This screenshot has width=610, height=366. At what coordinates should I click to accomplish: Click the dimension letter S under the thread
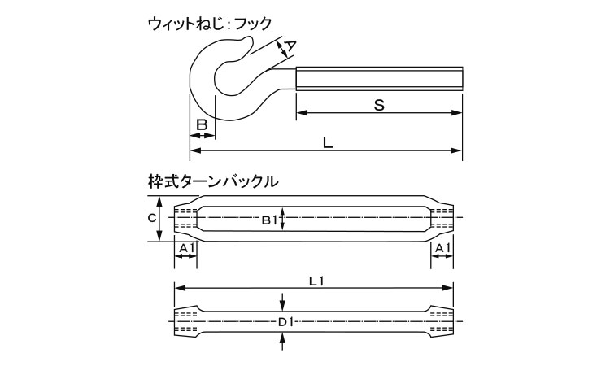point(379,105)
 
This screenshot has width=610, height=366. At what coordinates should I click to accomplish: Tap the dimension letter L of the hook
point(328,143)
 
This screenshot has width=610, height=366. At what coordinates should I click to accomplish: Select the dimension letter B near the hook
point(202,125)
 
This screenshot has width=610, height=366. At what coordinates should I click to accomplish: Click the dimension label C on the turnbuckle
point(152,218)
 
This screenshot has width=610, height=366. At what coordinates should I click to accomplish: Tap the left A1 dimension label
point(186,248)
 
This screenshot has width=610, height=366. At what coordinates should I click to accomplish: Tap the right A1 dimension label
point(442,248)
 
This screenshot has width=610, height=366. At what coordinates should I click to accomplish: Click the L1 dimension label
point(316,281)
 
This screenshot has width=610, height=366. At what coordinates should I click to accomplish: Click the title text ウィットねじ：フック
point(209,24)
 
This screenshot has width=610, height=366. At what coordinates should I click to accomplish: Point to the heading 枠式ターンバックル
point(213,181)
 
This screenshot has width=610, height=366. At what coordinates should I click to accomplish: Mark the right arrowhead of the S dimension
point(457,113)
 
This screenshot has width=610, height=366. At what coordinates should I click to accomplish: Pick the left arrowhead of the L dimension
point(195,150)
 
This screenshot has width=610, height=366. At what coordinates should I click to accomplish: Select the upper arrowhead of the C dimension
point(159,202)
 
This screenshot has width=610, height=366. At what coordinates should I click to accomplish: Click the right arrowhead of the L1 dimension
point(448,288)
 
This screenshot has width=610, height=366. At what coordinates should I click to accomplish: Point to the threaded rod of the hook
point(379,79)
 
